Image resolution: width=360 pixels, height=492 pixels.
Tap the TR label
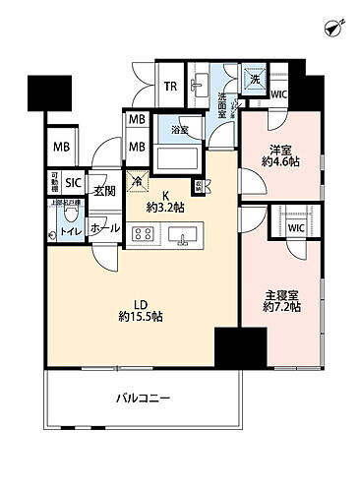click(x=170, y=86)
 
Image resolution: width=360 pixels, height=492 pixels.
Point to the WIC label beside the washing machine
click(x=278, y=94)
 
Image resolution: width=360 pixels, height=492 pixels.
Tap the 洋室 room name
click(x=281, y=151)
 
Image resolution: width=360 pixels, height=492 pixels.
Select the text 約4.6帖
click(x=281, y=164)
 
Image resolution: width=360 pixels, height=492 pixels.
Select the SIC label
click(x=74, y=183)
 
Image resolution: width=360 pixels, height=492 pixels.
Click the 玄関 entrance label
click(x=104, y=193)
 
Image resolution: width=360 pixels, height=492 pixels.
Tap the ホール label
click(x=106, y=228)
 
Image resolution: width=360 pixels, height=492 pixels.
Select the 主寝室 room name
click(x=281, y=293)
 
